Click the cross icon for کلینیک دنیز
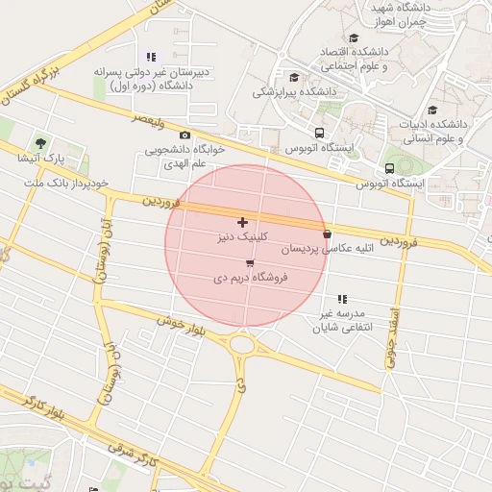242,222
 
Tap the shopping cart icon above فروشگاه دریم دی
250,262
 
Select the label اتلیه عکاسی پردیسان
310,248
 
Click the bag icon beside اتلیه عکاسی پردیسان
328,234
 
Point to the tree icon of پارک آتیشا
40,142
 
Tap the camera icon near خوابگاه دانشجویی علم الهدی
184,135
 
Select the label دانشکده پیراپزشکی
292,92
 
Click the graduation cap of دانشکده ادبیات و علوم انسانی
432,110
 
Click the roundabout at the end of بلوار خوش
241,343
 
